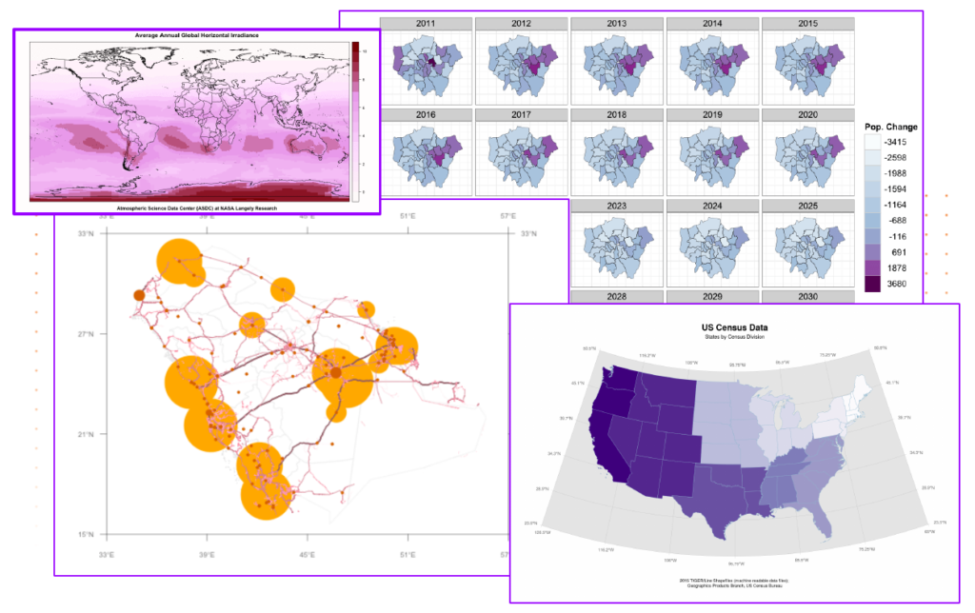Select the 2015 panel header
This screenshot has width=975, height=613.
[x=807, y=23]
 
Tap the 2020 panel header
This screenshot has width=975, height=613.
[x=807, y=113]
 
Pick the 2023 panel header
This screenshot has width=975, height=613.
[x=616, y=205]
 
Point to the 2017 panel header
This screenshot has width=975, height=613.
[x=521, y=113]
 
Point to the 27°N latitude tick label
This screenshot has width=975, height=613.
[x=86, y=334]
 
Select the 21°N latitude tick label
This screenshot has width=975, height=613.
[x=86, y=434]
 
